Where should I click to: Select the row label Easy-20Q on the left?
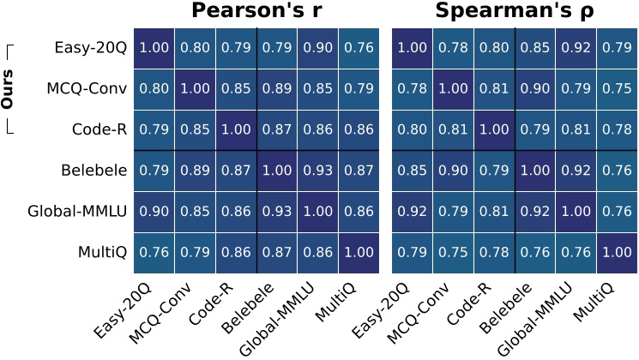(x=91, y=48)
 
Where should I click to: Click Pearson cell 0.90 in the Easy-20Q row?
(x=319, y=48)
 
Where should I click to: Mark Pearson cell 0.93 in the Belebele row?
(x=319, y=171)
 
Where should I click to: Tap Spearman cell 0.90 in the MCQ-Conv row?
(x=536, y=89)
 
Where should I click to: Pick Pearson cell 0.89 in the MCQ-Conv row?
(x=278, y=89)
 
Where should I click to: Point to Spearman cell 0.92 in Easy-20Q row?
(x=577, y=48)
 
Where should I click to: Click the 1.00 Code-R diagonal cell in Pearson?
(x=237, y=130)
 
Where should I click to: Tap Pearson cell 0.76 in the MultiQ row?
(x=154, y=253)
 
